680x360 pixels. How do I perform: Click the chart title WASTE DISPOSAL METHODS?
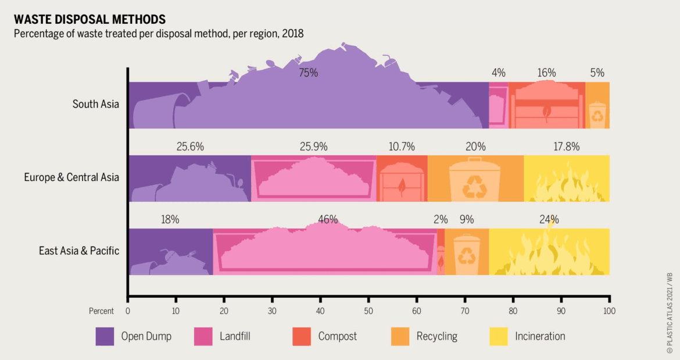(90, 19)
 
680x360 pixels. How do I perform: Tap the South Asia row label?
(95, 104)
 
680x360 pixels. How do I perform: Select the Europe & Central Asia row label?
(71, 177)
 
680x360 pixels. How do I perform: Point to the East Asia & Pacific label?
(79, 251)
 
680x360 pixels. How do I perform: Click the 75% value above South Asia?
(309, 73)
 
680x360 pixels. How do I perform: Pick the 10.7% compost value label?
(402, 147)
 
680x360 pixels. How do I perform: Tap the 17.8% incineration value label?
(567, 147)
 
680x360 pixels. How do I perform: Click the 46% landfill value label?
(328, 219)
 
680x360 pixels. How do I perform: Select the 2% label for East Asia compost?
(441, 219)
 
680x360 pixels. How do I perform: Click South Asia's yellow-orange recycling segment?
(597, 105)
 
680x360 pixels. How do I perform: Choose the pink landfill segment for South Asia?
(498, 105)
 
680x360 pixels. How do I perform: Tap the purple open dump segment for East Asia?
(171, 252)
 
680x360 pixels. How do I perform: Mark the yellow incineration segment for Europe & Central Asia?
(567, 179)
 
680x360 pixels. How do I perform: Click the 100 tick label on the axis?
(609, 311)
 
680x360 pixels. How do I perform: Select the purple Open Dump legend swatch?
(105, 337)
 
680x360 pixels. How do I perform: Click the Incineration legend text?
(540, 336)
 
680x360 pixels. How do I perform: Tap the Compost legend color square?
(302, 337)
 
